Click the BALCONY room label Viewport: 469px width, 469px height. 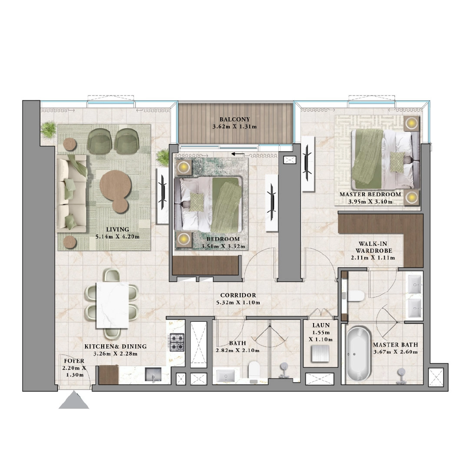234,119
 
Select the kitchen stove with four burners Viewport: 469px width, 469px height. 178,342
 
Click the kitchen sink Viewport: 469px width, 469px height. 153,374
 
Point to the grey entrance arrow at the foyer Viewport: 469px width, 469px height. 74,401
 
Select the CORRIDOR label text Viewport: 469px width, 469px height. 238,295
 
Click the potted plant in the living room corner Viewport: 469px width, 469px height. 48,129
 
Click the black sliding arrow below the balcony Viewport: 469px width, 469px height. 237,154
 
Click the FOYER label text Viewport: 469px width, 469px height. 74,360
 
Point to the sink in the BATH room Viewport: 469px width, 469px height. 228,375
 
